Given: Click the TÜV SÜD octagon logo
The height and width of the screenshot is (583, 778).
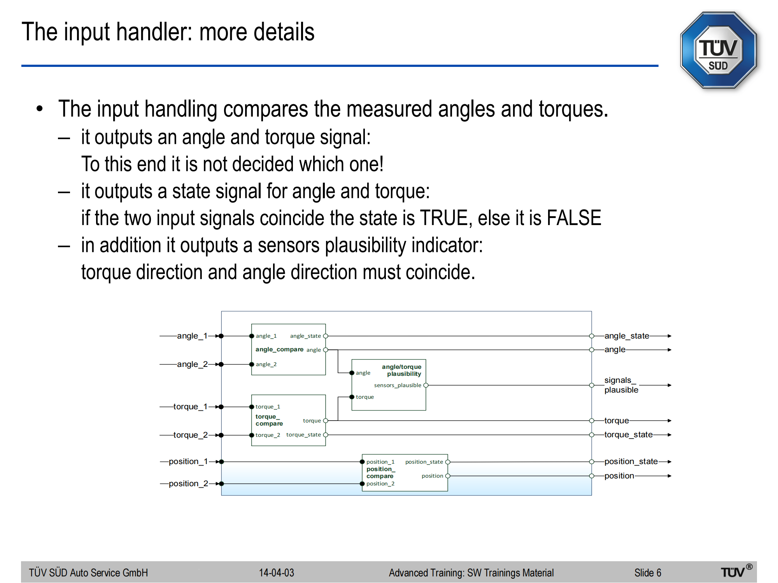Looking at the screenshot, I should point(718,51).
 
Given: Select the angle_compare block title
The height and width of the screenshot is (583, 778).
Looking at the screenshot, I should point(279,349).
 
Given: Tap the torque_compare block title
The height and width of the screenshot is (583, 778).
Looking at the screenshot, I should point(269,420).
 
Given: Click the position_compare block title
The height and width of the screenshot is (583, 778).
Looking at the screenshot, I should point(380,472).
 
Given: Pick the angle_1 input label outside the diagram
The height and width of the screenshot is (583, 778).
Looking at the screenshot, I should point(192,336).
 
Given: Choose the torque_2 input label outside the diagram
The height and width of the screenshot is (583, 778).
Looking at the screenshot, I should point(190,435).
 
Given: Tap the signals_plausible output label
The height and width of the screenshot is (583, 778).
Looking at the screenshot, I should point(621,385).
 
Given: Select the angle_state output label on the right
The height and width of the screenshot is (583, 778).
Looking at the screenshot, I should point(627,336).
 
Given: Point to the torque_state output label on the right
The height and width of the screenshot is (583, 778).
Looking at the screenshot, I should point(628,435).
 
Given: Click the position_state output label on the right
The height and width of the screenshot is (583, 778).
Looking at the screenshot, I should point(631,461).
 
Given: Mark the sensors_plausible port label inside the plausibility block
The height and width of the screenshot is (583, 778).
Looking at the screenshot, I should point(398,385).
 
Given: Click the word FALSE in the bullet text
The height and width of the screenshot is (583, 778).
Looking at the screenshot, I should point(574,218).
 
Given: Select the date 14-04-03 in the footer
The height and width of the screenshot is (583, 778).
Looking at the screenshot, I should point(277,573).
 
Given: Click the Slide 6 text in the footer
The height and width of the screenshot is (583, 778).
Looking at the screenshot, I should point(648,573).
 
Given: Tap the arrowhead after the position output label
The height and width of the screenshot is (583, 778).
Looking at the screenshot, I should point(669,476).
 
